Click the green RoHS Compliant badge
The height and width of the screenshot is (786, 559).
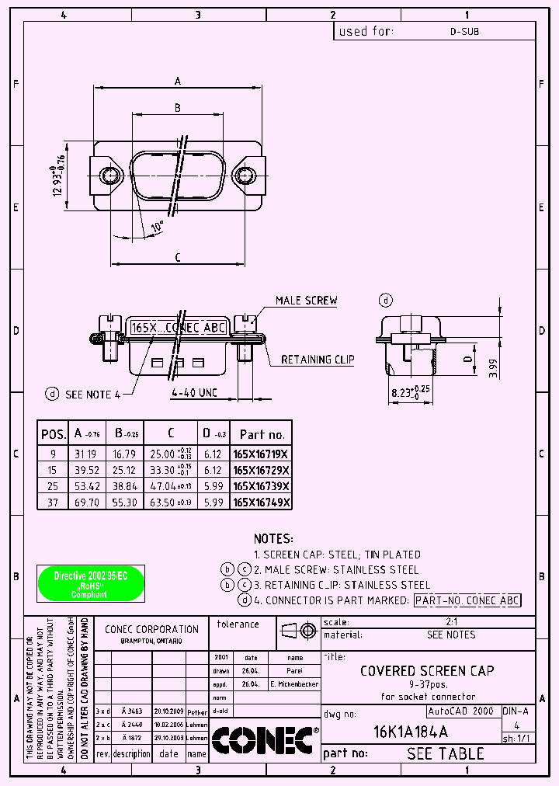coord(91,583)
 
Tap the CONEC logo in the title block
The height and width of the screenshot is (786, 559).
coord(265,739)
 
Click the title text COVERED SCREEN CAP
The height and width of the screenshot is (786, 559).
coord(427,670)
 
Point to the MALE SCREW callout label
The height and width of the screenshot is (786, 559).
coord(306,301)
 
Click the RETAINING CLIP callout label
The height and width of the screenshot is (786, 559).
coord(317,360)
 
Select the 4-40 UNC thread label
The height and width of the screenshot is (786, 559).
coord(194,393)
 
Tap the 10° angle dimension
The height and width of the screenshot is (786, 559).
coord(158,227)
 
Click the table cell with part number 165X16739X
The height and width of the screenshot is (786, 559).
coord(262,485)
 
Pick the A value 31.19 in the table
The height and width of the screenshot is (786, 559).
coord(85,453)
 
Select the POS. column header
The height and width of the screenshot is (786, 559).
coord(53,434)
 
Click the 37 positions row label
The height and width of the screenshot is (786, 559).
coord(53,503)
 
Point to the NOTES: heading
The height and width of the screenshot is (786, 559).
coord(273,538)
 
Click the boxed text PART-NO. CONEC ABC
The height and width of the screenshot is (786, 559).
coord(467,600)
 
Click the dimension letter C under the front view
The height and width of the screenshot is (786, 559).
coord(178,257)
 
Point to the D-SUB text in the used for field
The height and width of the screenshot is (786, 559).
coord(464,32)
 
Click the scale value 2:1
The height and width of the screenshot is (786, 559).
coord(450,622)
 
